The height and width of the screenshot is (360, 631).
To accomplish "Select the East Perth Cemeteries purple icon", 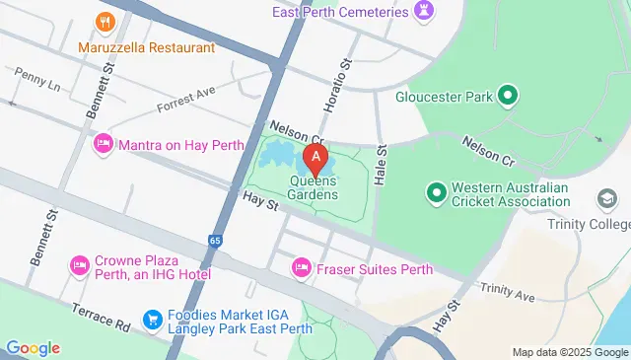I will [425, 12].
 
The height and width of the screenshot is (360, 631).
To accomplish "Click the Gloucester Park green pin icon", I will [508, 96].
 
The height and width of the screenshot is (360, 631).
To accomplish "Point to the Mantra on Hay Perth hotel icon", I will [103, 145].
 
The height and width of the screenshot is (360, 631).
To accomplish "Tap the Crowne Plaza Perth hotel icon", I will [79, 265].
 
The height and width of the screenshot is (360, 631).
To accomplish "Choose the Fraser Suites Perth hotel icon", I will [302, 268].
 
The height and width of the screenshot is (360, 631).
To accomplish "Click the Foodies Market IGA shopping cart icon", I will [152, 319].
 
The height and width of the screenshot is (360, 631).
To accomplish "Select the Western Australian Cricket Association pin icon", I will [435, 190].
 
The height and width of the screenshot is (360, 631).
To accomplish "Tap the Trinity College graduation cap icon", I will [607, 200].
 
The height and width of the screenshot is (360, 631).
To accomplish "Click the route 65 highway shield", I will [215, 241].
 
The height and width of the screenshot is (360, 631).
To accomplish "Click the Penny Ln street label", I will [37, 79].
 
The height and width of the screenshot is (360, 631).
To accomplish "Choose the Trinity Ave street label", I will [507, 292].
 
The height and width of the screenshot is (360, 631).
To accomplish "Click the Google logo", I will [33, 347].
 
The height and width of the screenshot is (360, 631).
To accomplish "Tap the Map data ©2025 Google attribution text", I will [570, 352].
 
